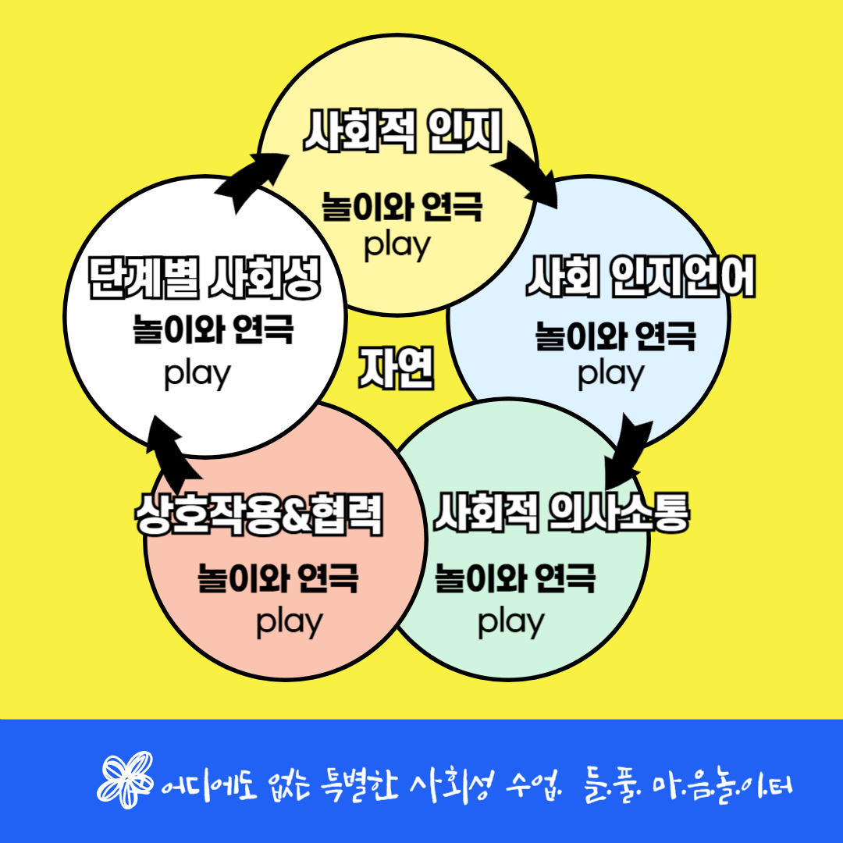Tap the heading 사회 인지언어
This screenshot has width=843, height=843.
(x=640, y=276)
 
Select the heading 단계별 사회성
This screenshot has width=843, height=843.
(x=205, y=277)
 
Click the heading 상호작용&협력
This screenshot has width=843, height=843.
(x=259, y=514)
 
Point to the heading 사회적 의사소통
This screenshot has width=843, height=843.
(x=561, y=512)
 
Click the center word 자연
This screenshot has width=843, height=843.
(x=397, y=368)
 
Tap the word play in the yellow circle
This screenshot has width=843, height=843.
(x=397, y=246)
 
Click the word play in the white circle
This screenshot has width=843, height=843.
(x=197, y=375)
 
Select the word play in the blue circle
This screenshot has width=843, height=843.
(x=610, y=375)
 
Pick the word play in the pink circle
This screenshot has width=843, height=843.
(x=290, y=623)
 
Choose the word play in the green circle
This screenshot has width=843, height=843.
(x=511, y=623)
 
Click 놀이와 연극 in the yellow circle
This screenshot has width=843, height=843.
(x=402, y=206)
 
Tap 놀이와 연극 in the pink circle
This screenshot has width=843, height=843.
(x=278, y=578)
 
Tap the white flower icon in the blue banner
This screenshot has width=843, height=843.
(x=125, y=780)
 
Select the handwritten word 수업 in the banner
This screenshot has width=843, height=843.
(x=533, y=786)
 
